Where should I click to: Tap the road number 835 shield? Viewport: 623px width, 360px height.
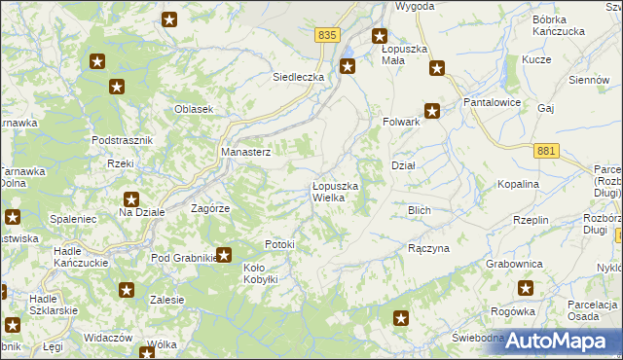pyautogui.click(x=327, y=34)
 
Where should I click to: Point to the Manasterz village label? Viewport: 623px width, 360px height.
pyautogui.click(x=245, y=152)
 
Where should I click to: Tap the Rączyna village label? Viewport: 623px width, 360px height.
pyautogui.click(x=428, y=248)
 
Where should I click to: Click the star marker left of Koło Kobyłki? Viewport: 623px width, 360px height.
pyautogui.click(x=224, y=256)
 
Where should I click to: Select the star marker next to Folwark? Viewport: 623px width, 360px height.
pyautogui.click(x=432, y=111)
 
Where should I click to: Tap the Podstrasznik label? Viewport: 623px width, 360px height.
pyautogui.click(x=122, y=140)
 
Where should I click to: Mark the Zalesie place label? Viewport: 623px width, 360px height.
pyautogui.click(x=167, y=300)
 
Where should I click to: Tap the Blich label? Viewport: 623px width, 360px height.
pyautogui.click(x=420, y=209)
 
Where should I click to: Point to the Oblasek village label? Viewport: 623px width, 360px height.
pyautogui.click(x=194, y=109)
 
